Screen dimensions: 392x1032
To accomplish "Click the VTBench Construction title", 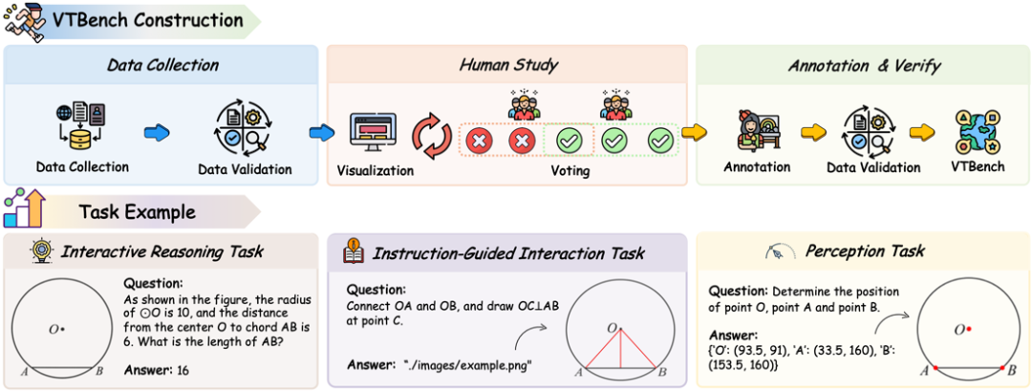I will click(x=147, y=19).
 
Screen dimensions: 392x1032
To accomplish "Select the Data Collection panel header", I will click(x=161, y=66).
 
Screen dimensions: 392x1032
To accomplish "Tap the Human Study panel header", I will click(x=508, y=66).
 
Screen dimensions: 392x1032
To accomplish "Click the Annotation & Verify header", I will click(x=864, y=66).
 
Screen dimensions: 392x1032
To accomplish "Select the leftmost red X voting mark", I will click(x=478, y=142).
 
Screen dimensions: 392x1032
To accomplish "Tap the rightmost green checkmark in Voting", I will click(x=660, y=142).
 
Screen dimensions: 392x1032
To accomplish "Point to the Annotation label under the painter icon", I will click(x=757, y=167).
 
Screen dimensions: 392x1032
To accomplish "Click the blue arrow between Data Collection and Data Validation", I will click(x=155, y=131).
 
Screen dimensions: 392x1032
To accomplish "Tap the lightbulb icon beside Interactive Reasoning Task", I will click(x=40, y=252).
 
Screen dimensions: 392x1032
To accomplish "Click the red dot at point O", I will click(x=968, y=329).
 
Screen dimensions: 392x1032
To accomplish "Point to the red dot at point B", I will click(x=1001, y=368).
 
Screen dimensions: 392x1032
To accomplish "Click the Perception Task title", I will click(x=866, y=251).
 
